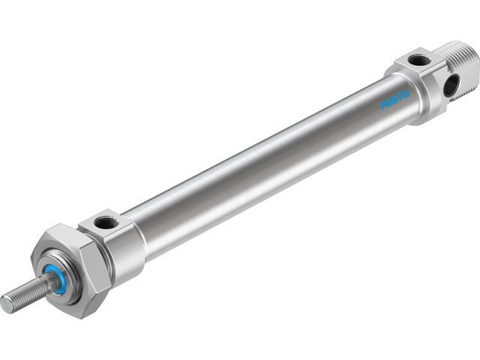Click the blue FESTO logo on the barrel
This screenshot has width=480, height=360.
394,100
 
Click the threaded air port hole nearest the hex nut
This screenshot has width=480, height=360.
106,222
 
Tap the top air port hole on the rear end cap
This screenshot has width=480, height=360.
419,59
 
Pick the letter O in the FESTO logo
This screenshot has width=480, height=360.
405,94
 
